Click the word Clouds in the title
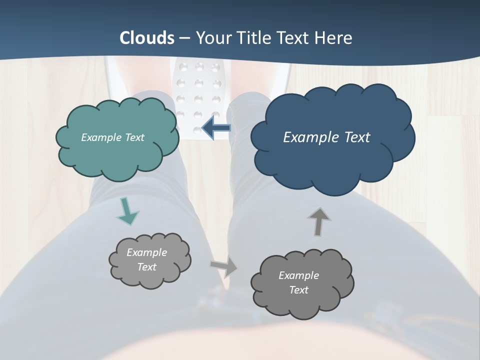(146, 38)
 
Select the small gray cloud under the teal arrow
(149, 260)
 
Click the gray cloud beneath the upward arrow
(302, 283)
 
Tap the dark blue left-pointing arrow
(216, 128)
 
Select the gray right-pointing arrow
(224, 267)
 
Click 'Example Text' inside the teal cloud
(112, 137)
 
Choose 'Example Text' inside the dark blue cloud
(326, 137)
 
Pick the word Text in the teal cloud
(134, 137)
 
